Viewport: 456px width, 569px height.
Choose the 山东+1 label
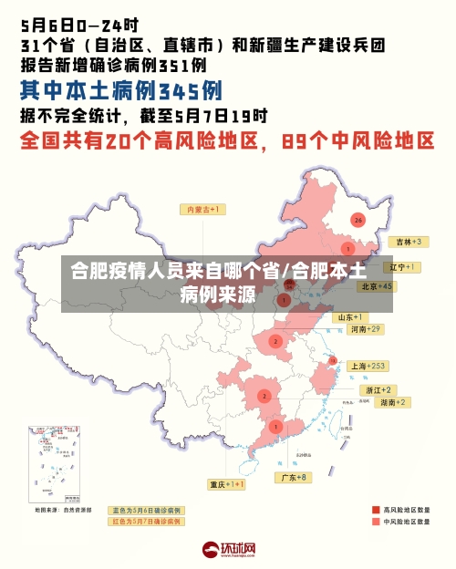pos(352,316)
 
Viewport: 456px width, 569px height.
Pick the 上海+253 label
pos(368,366)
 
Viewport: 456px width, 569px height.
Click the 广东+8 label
pos(293,477)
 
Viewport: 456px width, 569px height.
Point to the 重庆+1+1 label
pos(226,484)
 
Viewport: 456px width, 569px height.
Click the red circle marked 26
pos(358,220)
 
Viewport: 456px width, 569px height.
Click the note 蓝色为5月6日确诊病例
pos(146,510)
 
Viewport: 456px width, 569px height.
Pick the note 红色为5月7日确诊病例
pos(146,522)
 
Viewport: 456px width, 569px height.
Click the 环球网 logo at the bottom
pos(228,550)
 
